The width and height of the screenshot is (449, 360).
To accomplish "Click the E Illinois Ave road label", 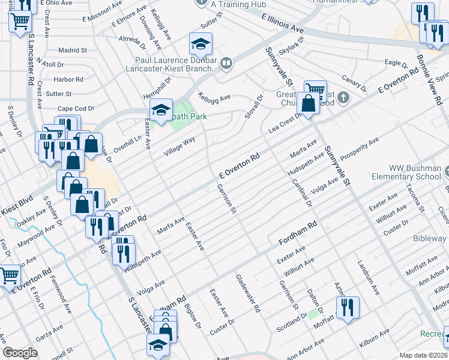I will (282, 25).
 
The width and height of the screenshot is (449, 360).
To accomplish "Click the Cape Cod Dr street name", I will (72, 108).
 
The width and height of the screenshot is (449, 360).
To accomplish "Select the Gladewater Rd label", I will (248, 294).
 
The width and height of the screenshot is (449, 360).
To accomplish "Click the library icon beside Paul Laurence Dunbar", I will (226, 63).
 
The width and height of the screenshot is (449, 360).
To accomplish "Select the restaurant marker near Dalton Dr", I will (348, 308).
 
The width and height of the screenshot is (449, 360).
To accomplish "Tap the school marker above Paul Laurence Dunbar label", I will (200, 43).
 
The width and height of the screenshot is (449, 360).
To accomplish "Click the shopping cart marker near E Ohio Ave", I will (20, 22).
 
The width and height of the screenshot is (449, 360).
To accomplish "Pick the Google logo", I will (20, 353).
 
